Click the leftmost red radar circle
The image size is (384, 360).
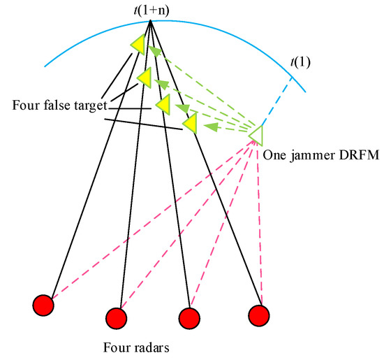(43, 305)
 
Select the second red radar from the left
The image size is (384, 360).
(116, 318)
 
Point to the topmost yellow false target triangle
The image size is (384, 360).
(138, 45)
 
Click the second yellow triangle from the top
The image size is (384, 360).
(145, 78)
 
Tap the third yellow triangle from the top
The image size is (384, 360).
(163, 103)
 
